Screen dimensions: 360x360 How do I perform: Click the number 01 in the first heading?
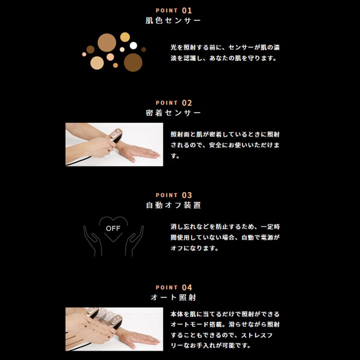coord(187,11)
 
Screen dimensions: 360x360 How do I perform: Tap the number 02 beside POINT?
coord(187,103)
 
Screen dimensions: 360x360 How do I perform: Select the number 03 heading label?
coord(187,195)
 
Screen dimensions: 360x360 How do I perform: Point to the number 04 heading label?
coord(187,288)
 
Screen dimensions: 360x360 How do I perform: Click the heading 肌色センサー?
coord(173,21)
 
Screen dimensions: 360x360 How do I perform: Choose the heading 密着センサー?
coord(173,113)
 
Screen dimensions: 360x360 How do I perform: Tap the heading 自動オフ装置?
coord(173,205)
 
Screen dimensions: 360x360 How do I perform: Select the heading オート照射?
coord(173,298)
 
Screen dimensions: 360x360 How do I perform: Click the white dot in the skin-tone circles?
coord(133,46)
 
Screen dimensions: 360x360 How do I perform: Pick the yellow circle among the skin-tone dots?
coord(125,37)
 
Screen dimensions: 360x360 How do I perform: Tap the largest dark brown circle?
coord(133,62)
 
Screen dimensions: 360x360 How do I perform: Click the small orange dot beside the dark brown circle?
coord(115,65)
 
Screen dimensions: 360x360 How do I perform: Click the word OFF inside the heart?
coord(113,228)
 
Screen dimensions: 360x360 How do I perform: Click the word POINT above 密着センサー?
coord(167,103)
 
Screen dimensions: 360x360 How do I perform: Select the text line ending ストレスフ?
coord(222,335)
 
